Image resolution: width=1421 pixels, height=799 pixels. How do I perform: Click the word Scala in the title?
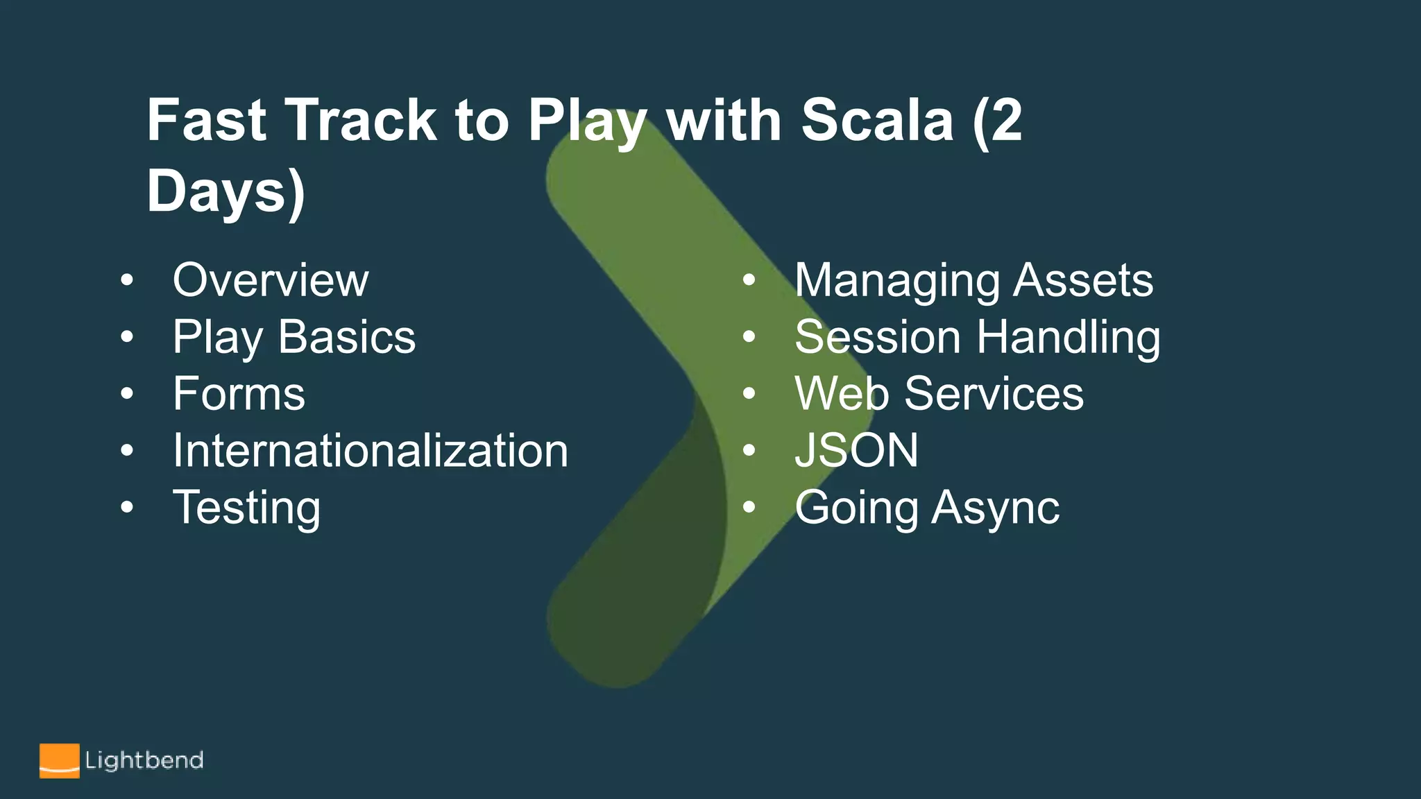(x=877, y=121)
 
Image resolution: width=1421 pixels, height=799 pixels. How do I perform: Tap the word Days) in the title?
(x=226, y=191)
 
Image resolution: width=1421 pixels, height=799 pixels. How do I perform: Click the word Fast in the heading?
(x=206, y=121)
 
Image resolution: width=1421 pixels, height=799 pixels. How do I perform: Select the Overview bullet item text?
(x=271, y=280)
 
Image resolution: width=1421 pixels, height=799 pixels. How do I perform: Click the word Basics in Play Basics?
(x=346, y=337)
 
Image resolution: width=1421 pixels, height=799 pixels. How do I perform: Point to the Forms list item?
(x=239, y=394)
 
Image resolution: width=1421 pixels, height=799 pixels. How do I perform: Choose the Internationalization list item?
(x=371, y=451)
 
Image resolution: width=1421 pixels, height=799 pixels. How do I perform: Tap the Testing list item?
(x=246, y=508)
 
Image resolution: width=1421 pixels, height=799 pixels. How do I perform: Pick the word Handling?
(x=1069, y=338)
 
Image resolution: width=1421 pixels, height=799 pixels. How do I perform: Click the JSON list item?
(x=856, y=451)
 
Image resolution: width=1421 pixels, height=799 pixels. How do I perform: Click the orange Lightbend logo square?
(x=59, y=761)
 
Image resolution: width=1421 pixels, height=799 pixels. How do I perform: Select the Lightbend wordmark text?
(x=144, y=761)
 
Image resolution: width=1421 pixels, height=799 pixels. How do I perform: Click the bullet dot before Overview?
(x=126, y=281)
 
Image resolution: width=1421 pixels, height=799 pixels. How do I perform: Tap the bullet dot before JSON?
(x=748, y=452)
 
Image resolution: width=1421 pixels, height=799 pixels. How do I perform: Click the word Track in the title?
(x=361, y=121)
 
